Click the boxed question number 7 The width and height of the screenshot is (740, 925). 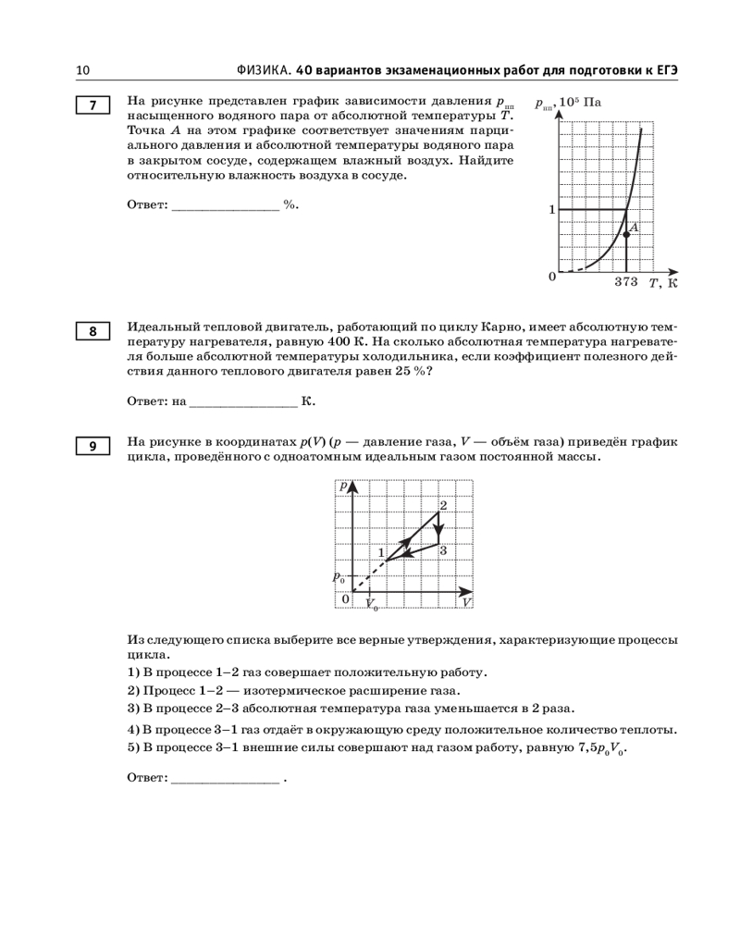pos(92,105)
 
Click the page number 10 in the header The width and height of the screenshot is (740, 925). pos(82,70)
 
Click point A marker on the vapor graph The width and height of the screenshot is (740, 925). pos(626,235)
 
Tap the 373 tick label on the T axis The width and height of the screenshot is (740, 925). pos(626,282)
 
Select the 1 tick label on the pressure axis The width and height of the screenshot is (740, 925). pos(551,210)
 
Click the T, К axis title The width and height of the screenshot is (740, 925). pos(663,283)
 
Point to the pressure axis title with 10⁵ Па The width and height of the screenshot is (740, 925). pos(568,104)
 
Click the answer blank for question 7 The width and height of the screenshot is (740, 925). pos(226,205)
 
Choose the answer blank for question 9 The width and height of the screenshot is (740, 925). pos(226,779)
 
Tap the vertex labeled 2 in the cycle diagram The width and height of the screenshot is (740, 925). pos(443,505)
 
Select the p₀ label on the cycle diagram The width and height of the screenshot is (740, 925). pos(339,578)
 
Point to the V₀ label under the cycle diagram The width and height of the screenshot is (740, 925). pos(372,605)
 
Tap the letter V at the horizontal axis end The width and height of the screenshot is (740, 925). pos(466,602)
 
